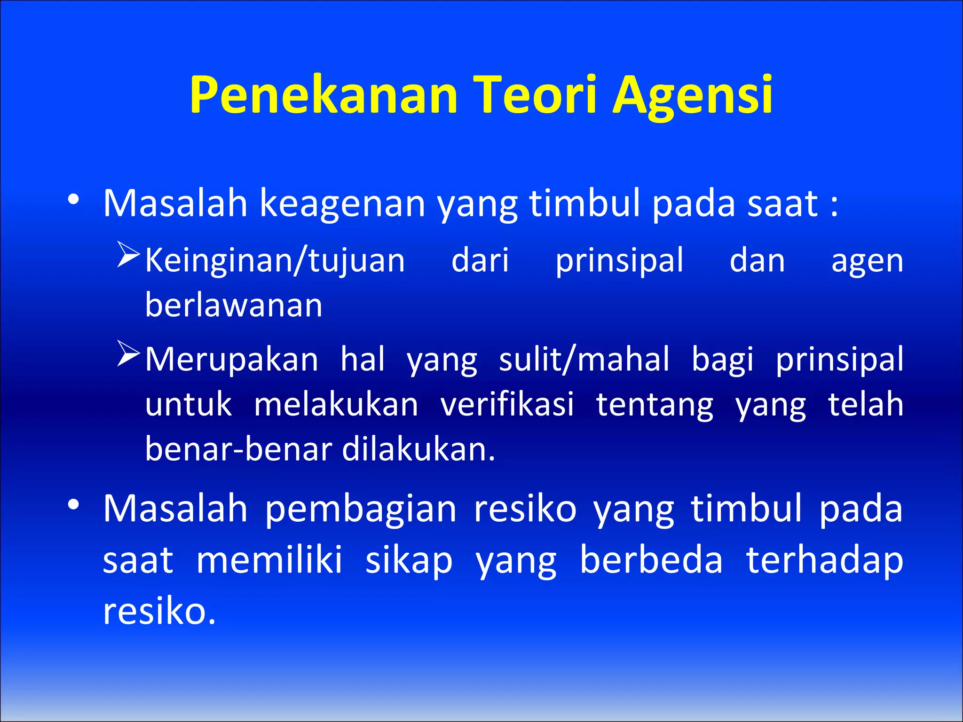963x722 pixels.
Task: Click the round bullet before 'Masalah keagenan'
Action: click(x=73, y=200)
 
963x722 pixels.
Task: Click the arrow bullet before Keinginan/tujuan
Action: click(x=128, y=255)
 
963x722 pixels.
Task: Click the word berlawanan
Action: click(x=234, y=306)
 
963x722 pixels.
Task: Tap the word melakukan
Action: click(x=336, y=404)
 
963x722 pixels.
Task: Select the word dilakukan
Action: click(x=418, y=449)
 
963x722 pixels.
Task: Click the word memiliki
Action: click(x=269, y=560)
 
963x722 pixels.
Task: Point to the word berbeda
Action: click(x=651, y=560)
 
